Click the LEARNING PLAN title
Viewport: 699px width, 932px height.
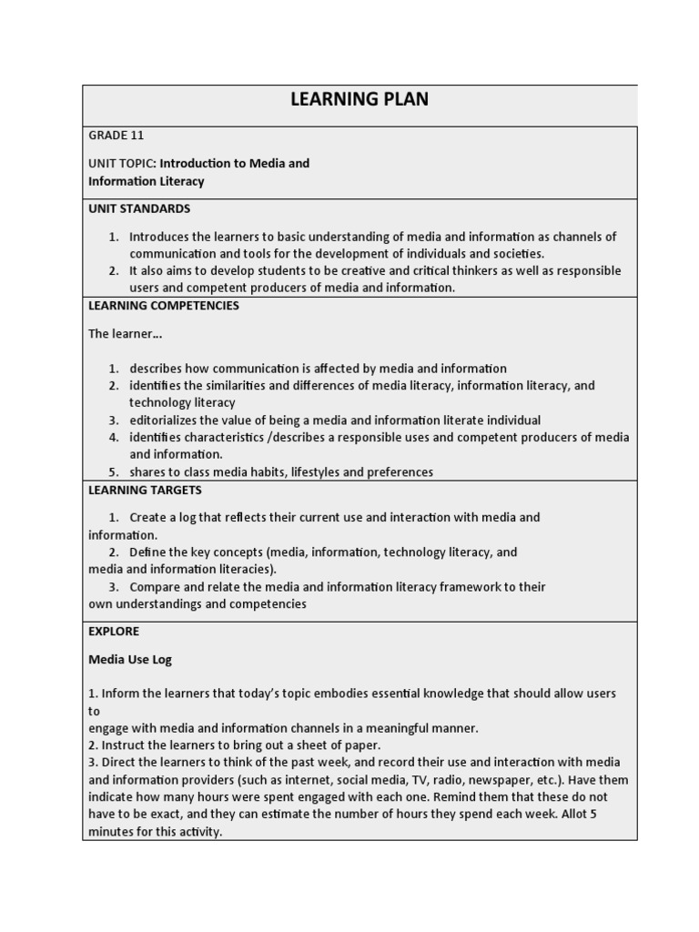(359, 99)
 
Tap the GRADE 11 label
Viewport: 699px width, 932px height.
(116, 136)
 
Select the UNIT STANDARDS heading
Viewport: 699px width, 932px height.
(139, 208)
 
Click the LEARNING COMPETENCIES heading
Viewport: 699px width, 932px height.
(164, 306)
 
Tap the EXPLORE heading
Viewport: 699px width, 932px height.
(114, 631)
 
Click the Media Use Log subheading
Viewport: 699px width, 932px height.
(130, 659)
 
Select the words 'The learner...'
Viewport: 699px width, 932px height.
(125, 334)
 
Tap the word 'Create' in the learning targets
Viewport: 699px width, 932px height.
(149, 517)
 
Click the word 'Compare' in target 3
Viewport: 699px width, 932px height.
(155, 587)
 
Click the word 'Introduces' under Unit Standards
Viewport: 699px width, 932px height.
(162, 237)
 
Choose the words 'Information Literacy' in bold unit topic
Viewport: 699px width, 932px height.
(147, 181)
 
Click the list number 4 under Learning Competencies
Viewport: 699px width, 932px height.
(115, 438)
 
